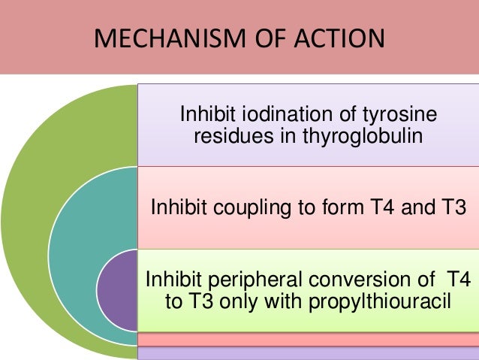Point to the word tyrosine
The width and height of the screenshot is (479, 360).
click(x=398, y=115)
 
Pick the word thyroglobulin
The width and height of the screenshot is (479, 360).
click(x=348, y=138)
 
